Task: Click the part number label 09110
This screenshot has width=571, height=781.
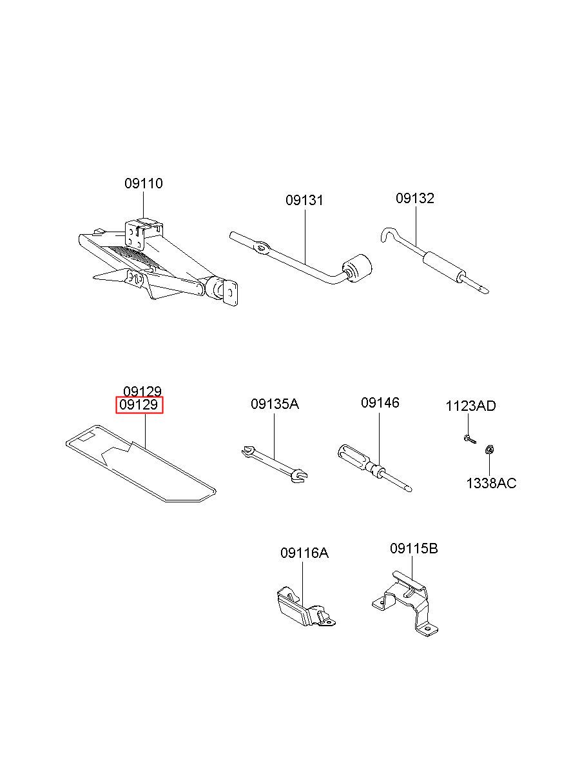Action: (x=144, y=184)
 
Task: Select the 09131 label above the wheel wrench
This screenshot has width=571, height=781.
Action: (x=304, y=201)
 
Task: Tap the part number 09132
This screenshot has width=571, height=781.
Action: (x=414, y=199)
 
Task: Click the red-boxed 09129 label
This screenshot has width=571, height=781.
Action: (x=140, y=406)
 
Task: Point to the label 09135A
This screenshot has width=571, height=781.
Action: (x=275, y=404)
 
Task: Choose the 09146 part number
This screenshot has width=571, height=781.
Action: (x=380, y=403)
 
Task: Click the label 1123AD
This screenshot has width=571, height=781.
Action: (x=470, y=406)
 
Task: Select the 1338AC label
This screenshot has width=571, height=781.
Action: (x=491, y=483)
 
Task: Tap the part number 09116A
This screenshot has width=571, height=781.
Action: (x=304, y=553)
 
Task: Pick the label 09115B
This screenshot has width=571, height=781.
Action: (x=414, y=549)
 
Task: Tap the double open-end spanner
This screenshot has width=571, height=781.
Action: (x=274, y=464)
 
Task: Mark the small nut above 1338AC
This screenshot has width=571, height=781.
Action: (x=489, y=450)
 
